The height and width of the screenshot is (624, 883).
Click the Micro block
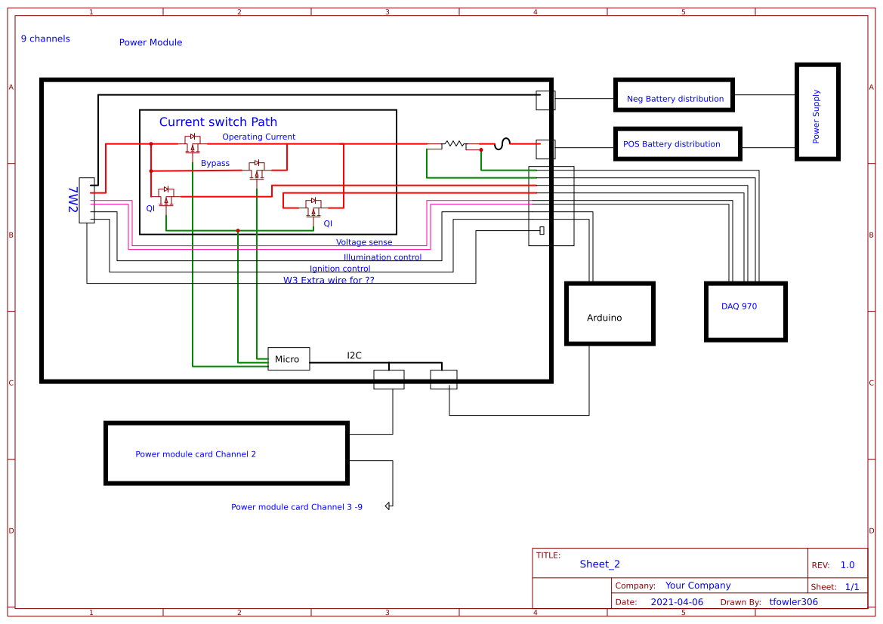[289, 359]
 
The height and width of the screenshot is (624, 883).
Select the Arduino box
[610, 314]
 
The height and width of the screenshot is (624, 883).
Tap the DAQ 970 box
[745, 311]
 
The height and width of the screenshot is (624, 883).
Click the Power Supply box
[817, 112]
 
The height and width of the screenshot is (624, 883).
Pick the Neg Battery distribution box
[674, 94]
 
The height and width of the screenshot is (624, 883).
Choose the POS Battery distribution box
[676, 143]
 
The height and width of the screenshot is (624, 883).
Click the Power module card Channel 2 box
[226, 453]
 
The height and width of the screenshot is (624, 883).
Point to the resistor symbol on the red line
[453, 143]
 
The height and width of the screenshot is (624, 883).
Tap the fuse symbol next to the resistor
[503, 143]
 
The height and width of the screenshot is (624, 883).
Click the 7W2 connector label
[73, 200]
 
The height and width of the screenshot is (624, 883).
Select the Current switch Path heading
[218, 122]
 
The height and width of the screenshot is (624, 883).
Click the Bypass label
[215, 163]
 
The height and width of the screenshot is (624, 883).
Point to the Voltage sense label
[364, 242]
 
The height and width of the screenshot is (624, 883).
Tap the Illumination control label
[382, 257]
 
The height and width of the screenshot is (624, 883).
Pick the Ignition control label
[340, 269]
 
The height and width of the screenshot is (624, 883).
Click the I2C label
[354, 355]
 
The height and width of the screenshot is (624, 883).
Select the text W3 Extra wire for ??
[329, 280]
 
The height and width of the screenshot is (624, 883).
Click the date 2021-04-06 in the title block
[676, 602]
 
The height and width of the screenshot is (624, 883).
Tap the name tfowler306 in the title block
[793, 602]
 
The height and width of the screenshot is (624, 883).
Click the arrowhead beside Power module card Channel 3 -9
[388, 506]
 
